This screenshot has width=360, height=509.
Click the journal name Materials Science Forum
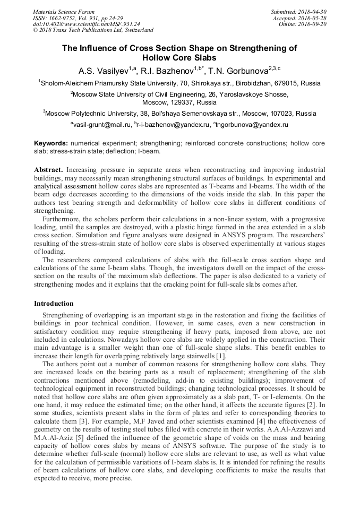64,12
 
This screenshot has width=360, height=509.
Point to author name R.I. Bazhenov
168,71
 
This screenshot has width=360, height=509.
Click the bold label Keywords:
51,144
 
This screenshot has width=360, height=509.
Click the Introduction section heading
54,304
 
